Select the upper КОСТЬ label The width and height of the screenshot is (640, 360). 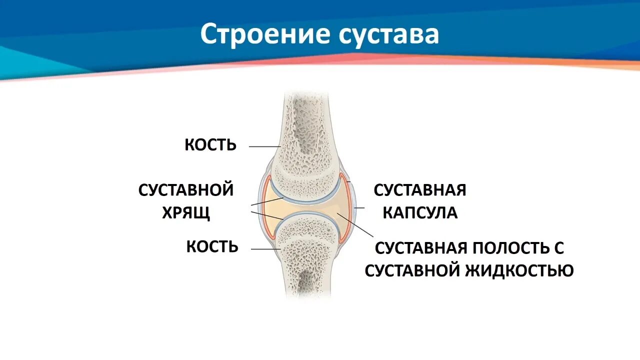coord(210,145)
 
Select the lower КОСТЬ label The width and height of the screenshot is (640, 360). coord(212,246)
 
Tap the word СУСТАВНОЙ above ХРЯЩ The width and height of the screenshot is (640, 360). coord(186,190)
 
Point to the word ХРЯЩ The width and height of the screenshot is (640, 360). coord(186,213)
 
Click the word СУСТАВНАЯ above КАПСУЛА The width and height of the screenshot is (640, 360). coord(420,190)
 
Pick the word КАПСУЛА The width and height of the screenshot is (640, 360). coord(420,213)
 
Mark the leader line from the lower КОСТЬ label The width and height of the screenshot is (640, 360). coord(265,249)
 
